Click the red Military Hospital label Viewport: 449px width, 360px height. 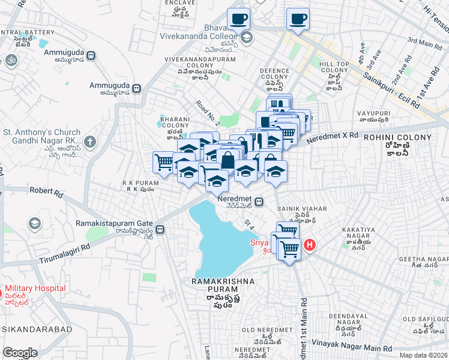[x=35, y=289]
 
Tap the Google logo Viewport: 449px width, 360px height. [x=19, y=353]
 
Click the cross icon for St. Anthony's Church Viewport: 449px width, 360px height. [x=89, y=142]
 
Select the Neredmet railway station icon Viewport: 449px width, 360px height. [x=259, y=202]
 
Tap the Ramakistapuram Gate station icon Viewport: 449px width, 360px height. [x=160, y=229]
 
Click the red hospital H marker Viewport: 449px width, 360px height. [x=309, y=244]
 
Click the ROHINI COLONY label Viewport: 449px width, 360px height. [x=397, y=137]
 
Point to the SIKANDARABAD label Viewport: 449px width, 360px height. [x=37, y=329]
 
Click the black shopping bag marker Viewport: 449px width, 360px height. [x=228, y=161]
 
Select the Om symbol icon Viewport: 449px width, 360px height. [x=10, y=60]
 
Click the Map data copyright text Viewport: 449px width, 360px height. [x=424, y=355]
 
